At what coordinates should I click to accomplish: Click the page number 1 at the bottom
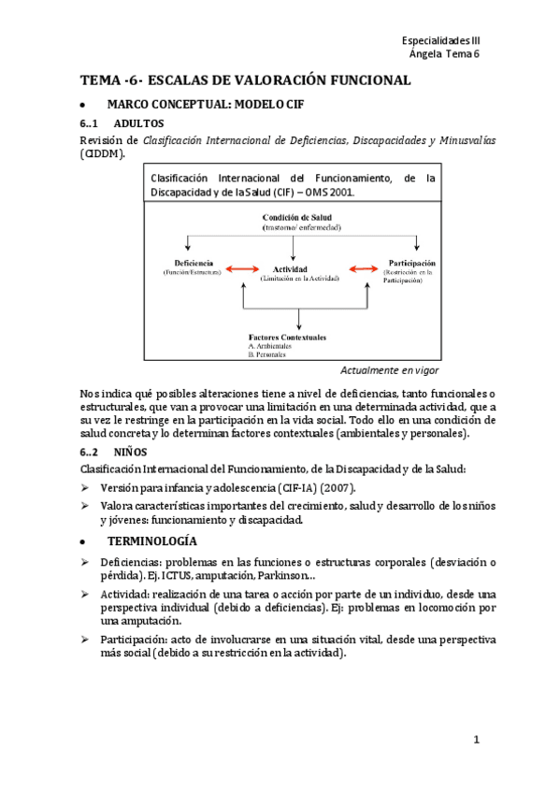pos(476,740)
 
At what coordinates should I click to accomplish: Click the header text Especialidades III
pos(439,41)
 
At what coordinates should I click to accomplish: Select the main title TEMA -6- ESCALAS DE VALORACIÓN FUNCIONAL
pos(245,80)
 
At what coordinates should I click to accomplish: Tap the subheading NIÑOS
pos(127,452)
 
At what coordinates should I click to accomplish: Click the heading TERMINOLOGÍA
pos(151,541)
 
